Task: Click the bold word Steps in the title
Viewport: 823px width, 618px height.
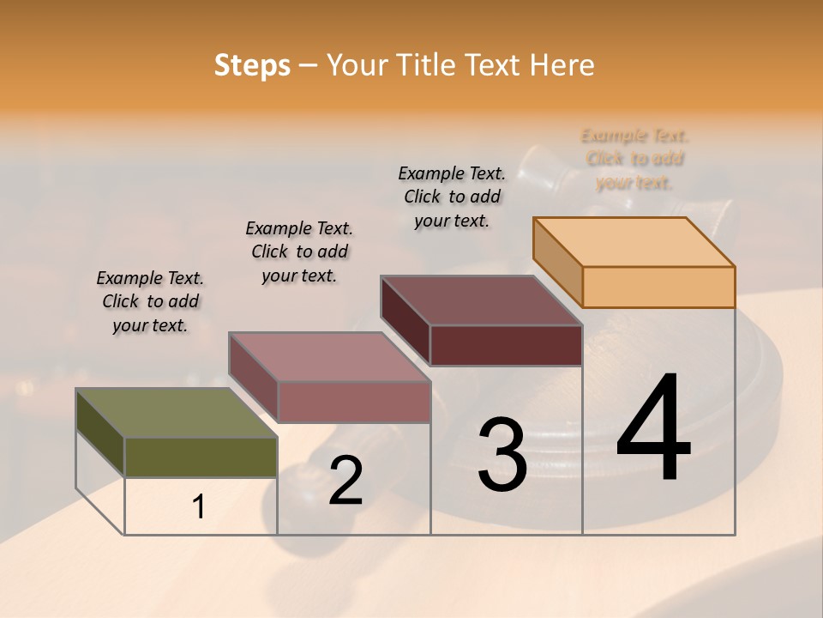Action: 252,65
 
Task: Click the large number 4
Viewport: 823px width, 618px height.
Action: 653,429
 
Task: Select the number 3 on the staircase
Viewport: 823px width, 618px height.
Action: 502,455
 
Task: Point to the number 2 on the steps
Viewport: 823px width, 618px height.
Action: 345,482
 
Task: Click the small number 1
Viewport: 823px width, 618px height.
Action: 199,507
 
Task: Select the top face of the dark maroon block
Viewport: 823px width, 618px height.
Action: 481,300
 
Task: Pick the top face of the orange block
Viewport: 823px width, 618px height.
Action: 634,242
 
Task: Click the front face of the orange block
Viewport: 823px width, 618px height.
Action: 658,287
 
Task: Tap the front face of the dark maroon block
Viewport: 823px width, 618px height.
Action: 506,345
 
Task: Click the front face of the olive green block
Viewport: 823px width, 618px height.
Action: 201,457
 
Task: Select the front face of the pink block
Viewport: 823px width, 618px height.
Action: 353,402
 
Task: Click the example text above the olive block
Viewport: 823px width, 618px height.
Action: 150,301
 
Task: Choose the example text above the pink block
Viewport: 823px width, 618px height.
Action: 299,251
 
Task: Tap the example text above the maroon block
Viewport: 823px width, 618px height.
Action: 452,197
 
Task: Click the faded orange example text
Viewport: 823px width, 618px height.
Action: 634,159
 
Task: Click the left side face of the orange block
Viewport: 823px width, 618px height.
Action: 557,261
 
